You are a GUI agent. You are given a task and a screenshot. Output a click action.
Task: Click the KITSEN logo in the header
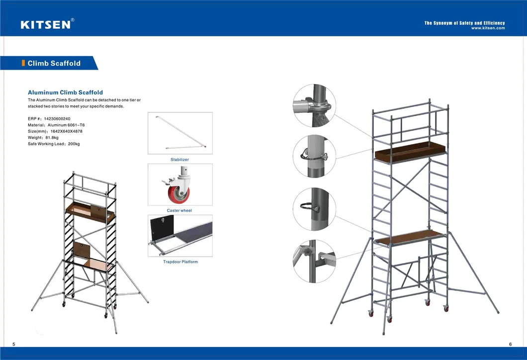[x=45, y=24]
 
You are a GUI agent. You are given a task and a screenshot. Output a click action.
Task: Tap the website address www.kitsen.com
[x=488, y=28]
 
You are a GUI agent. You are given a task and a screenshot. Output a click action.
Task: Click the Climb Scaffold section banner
[x=50, y=63]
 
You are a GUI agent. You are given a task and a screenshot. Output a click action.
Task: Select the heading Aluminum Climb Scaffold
[x=65, y=92]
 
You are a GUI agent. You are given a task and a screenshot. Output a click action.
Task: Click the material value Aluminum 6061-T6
[x=66, y=125]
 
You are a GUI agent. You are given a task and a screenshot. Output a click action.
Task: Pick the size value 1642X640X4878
[x=67, y=131]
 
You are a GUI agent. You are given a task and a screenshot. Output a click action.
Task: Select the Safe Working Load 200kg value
[x=74, y=144]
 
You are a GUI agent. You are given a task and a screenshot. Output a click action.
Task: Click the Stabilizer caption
[x=179, y=160]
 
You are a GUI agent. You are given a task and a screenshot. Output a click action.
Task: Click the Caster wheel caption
[x=179, y=211]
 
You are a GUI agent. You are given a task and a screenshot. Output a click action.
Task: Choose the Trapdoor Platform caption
[x=180, y=262]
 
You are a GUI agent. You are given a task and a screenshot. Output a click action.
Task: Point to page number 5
[x=14, y=345]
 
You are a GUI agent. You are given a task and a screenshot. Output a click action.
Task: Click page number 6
[x=510, y=345]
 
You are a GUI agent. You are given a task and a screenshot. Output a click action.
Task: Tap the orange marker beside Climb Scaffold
[x=23, y=63]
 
